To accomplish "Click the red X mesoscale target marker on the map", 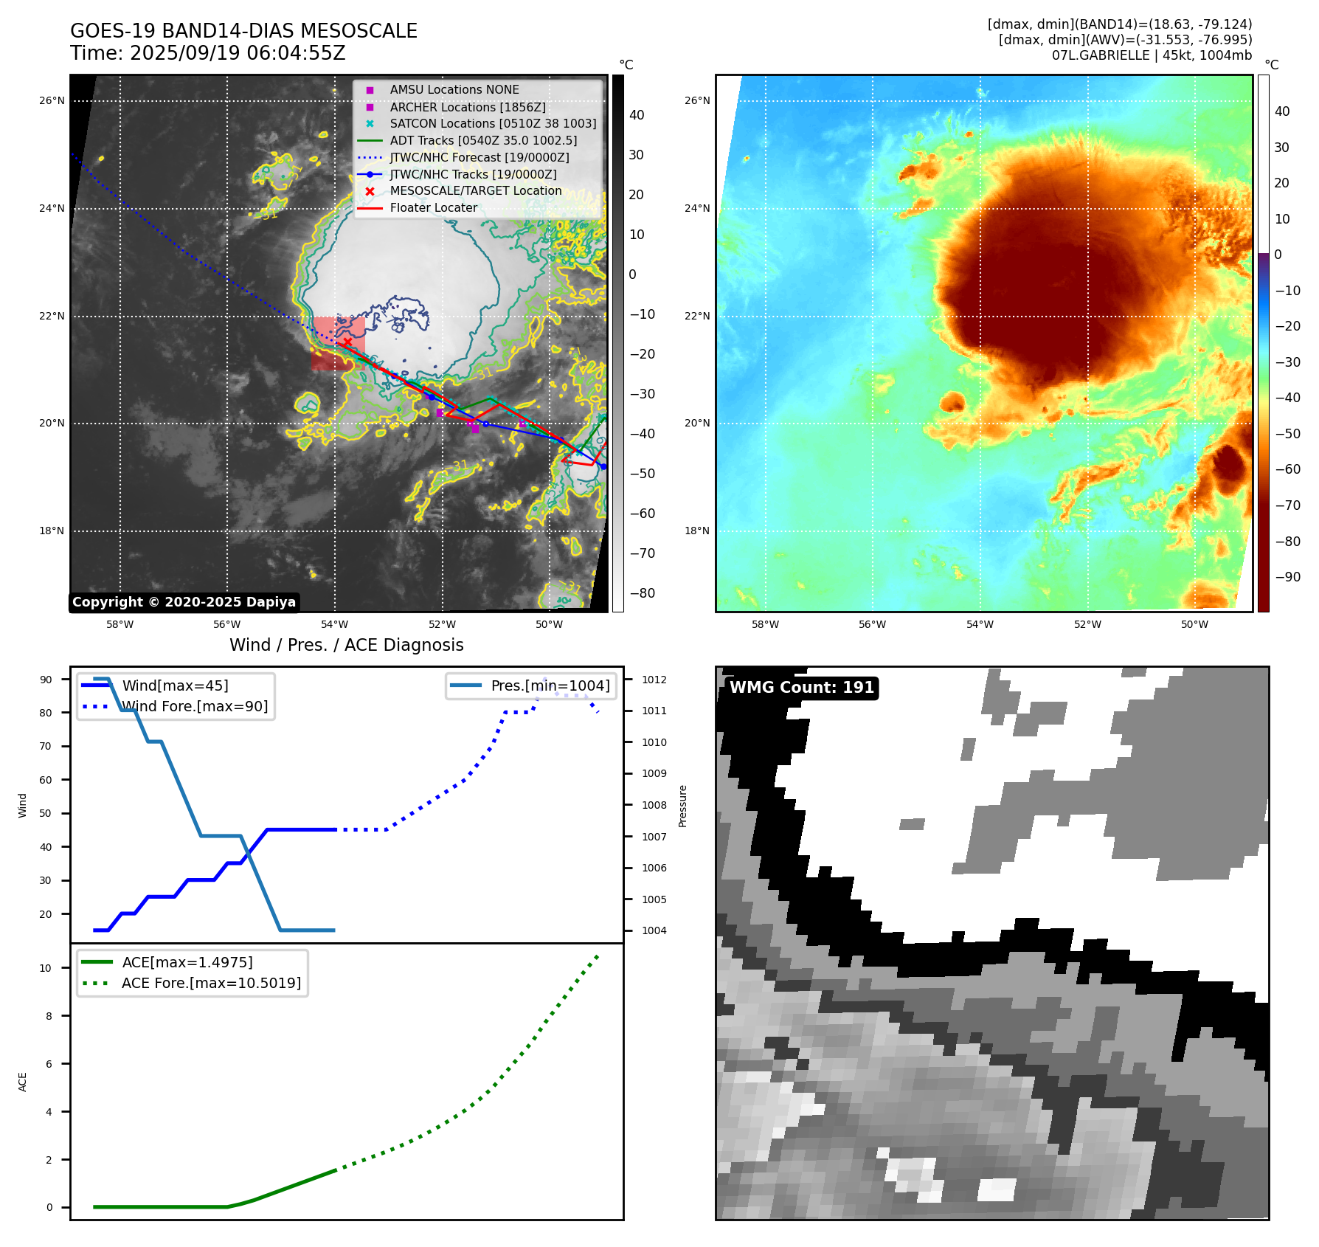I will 347,342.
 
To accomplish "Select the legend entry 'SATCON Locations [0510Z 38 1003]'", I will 493,123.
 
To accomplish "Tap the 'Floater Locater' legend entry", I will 433,207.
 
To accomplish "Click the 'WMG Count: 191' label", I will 801,688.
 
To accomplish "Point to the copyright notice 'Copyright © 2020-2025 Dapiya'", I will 184,602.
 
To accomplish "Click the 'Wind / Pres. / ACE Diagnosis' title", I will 346,645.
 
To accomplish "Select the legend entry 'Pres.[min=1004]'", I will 550,685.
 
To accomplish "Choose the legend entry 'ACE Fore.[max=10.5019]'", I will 211,983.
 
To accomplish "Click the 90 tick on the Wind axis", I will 46,680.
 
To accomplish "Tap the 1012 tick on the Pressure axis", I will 654,680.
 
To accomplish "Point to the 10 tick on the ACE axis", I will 46,968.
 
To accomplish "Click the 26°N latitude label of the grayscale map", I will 52,100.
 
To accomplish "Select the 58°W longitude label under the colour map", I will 765,624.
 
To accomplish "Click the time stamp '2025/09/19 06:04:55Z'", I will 238,53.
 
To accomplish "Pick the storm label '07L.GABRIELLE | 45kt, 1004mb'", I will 1152,55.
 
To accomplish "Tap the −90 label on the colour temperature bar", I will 1287,577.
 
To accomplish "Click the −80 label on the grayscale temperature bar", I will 642,593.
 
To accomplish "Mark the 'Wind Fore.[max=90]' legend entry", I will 195,706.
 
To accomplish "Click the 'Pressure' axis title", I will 682,806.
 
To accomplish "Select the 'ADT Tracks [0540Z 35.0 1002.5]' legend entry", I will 483,140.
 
